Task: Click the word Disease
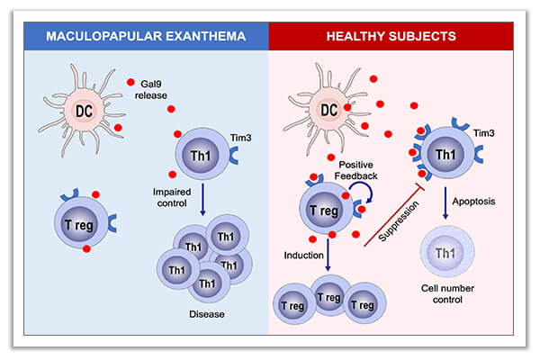206,313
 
